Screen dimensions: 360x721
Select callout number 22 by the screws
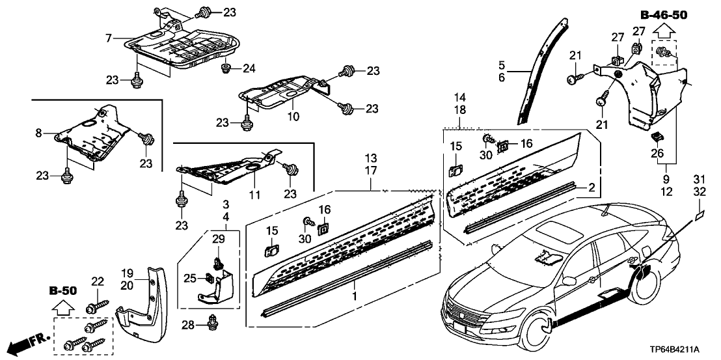[98, 281]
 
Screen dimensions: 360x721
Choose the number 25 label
[189, 279]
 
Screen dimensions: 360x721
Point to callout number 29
[219, 240]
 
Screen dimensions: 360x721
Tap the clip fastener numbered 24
[228, 68]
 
